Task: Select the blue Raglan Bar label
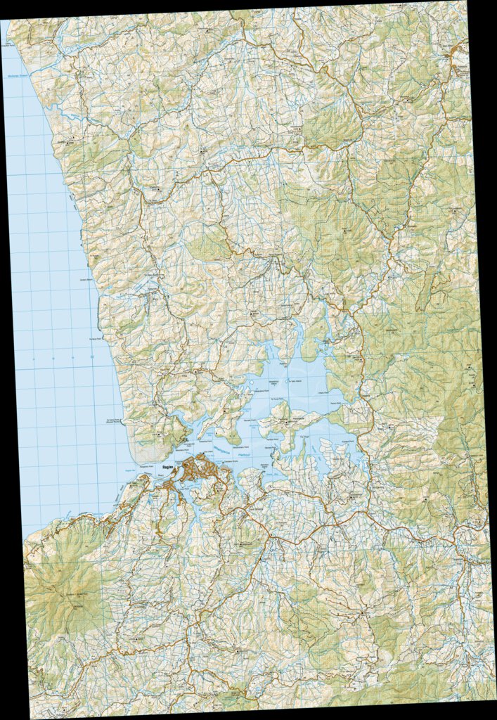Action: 129,475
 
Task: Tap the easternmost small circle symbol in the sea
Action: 93,358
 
